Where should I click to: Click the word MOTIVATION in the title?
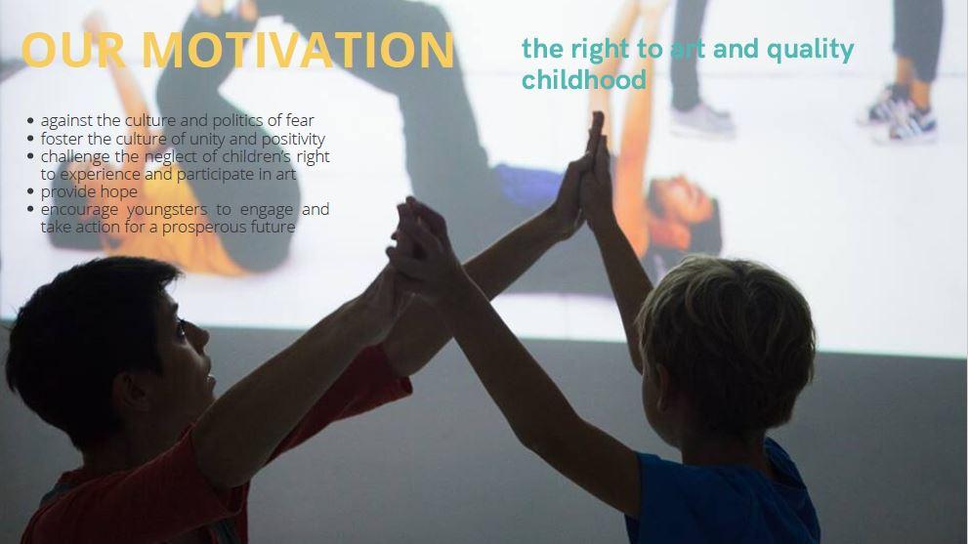point(299,50)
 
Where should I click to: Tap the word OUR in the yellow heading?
point(73,50)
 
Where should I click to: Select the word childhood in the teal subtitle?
point(584,79)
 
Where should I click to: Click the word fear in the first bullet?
point(300,120)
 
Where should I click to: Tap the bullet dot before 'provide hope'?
point(31,191)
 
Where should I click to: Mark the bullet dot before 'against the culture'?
point(31,120)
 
